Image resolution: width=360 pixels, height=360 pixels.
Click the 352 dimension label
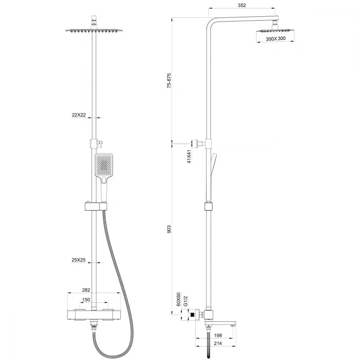(242, 5)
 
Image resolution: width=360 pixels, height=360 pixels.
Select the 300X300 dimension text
(276, 39)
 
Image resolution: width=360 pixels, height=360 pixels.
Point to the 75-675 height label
(169, 81)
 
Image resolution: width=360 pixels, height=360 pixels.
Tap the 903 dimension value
(169, 229)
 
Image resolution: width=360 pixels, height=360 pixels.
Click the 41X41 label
(189, 157)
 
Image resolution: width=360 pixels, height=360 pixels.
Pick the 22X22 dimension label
(79, 115)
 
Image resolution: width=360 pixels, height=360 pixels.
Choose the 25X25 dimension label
(78, 260)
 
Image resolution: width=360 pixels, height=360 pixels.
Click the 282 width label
(86, 290)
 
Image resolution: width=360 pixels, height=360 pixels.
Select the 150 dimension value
(86, 300)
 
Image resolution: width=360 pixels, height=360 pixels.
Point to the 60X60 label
(179, 300)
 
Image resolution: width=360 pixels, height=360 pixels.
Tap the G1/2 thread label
(186, 301)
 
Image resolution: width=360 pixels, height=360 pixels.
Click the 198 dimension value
(218, 336)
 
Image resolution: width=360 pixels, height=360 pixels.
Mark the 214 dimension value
(218, 343)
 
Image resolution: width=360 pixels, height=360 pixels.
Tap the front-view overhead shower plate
(94, 30)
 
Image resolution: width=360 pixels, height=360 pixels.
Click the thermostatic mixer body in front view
(94, 315)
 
